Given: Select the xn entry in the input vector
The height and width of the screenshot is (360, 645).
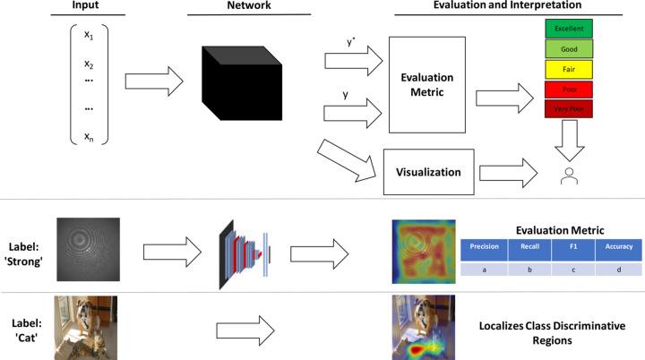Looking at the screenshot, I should click(88, 136).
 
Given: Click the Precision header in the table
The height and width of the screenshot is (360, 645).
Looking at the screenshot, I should click(485, 244).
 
